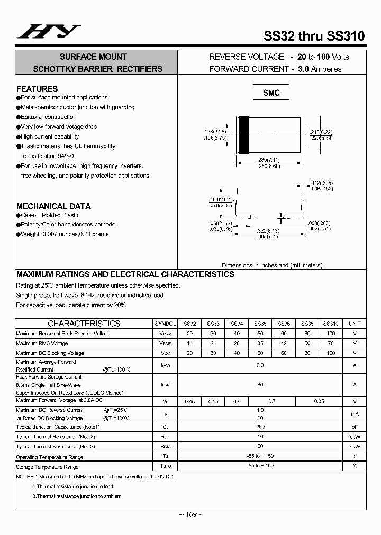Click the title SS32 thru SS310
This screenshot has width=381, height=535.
click(x=314, y=36)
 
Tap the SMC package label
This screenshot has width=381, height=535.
click(x=271, y=93)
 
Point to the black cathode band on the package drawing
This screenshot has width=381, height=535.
click(x=244, y=135)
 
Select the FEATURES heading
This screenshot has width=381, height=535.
click(x=37, y=89)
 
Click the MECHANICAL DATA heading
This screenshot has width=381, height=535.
click(x=53, y=206)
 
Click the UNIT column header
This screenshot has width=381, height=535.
click(x=355, y=324)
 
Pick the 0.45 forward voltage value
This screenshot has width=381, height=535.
click(x=189, y=402)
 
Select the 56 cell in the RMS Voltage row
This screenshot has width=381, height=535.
click(x=307, y=343)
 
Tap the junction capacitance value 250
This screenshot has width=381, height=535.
click(x=260, y=427)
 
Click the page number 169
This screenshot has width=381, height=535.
click(x=192, y=514)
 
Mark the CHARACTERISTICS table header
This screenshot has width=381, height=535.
click(x=84, y=324)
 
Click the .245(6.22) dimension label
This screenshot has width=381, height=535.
click(x=321, y=132)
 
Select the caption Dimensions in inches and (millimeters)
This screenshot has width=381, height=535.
click(x=271, y=265)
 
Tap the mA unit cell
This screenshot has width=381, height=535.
click(x=355, y=414)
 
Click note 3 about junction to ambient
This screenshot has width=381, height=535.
click(x=77, y=496)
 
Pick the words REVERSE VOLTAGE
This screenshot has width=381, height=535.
click(x=247, y=57)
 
